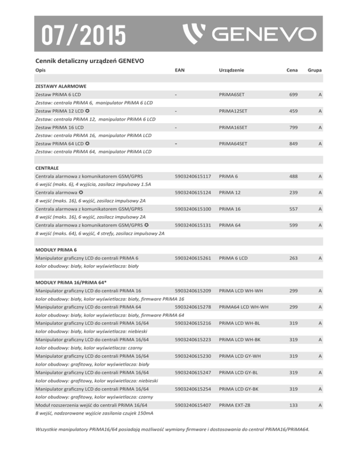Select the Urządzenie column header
tap(231, 70)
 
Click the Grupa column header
tap(317, 70)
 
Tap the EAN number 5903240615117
tap(193, 176)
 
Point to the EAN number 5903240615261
tap(193, 257)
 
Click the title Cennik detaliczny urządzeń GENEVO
tap(89, 60)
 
